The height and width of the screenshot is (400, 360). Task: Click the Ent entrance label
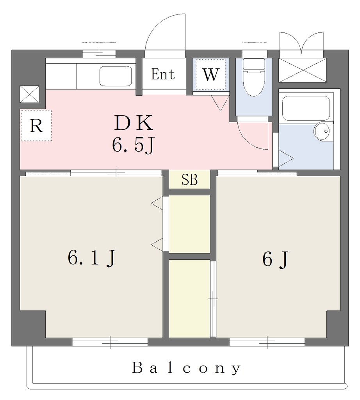point(163,75)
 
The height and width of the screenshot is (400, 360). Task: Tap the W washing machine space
point(211,75)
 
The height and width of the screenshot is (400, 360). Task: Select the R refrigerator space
point(36,125)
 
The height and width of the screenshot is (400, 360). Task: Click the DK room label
point(134,123)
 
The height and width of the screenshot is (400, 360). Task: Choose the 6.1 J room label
point(92,258)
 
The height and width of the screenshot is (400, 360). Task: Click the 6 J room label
point(275,259)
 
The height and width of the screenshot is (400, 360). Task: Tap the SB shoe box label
point(189,180)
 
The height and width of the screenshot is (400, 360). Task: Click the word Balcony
point(186,368)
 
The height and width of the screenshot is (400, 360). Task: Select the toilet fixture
point(254,77)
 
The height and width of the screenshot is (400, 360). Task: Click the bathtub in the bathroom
point(306,108)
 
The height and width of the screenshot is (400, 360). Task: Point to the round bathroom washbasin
point(322,132)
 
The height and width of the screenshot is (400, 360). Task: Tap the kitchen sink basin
point(116,76)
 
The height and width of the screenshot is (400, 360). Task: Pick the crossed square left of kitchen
point(30,94)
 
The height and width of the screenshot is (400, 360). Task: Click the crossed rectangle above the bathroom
point(302,70)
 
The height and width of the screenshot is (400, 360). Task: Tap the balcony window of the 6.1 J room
point(110,342)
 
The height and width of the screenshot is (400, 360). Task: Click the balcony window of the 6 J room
point(267,342)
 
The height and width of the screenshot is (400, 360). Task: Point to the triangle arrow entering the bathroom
point(285,159)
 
